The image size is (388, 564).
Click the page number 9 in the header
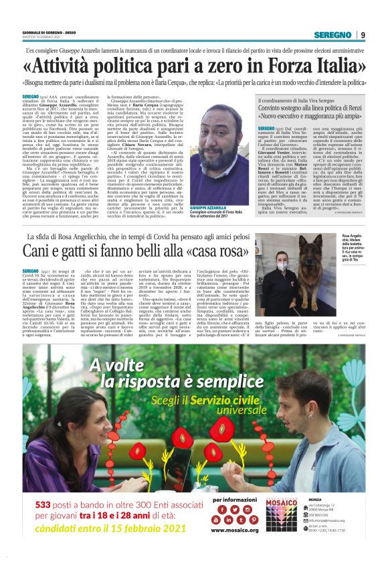pos(362,35)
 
